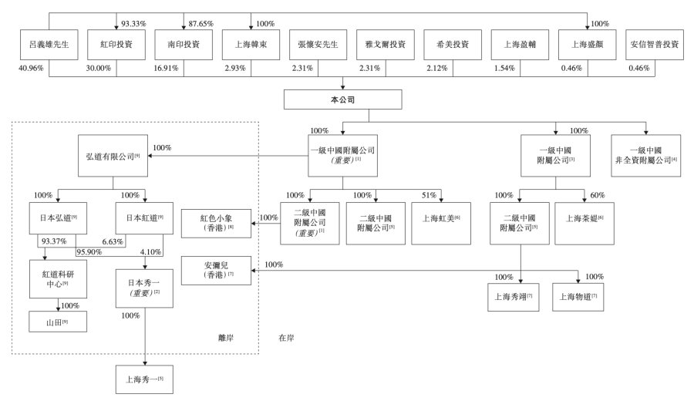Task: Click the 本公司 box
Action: [x=342, y=99]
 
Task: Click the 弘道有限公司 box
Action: [x=112, y=157]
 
